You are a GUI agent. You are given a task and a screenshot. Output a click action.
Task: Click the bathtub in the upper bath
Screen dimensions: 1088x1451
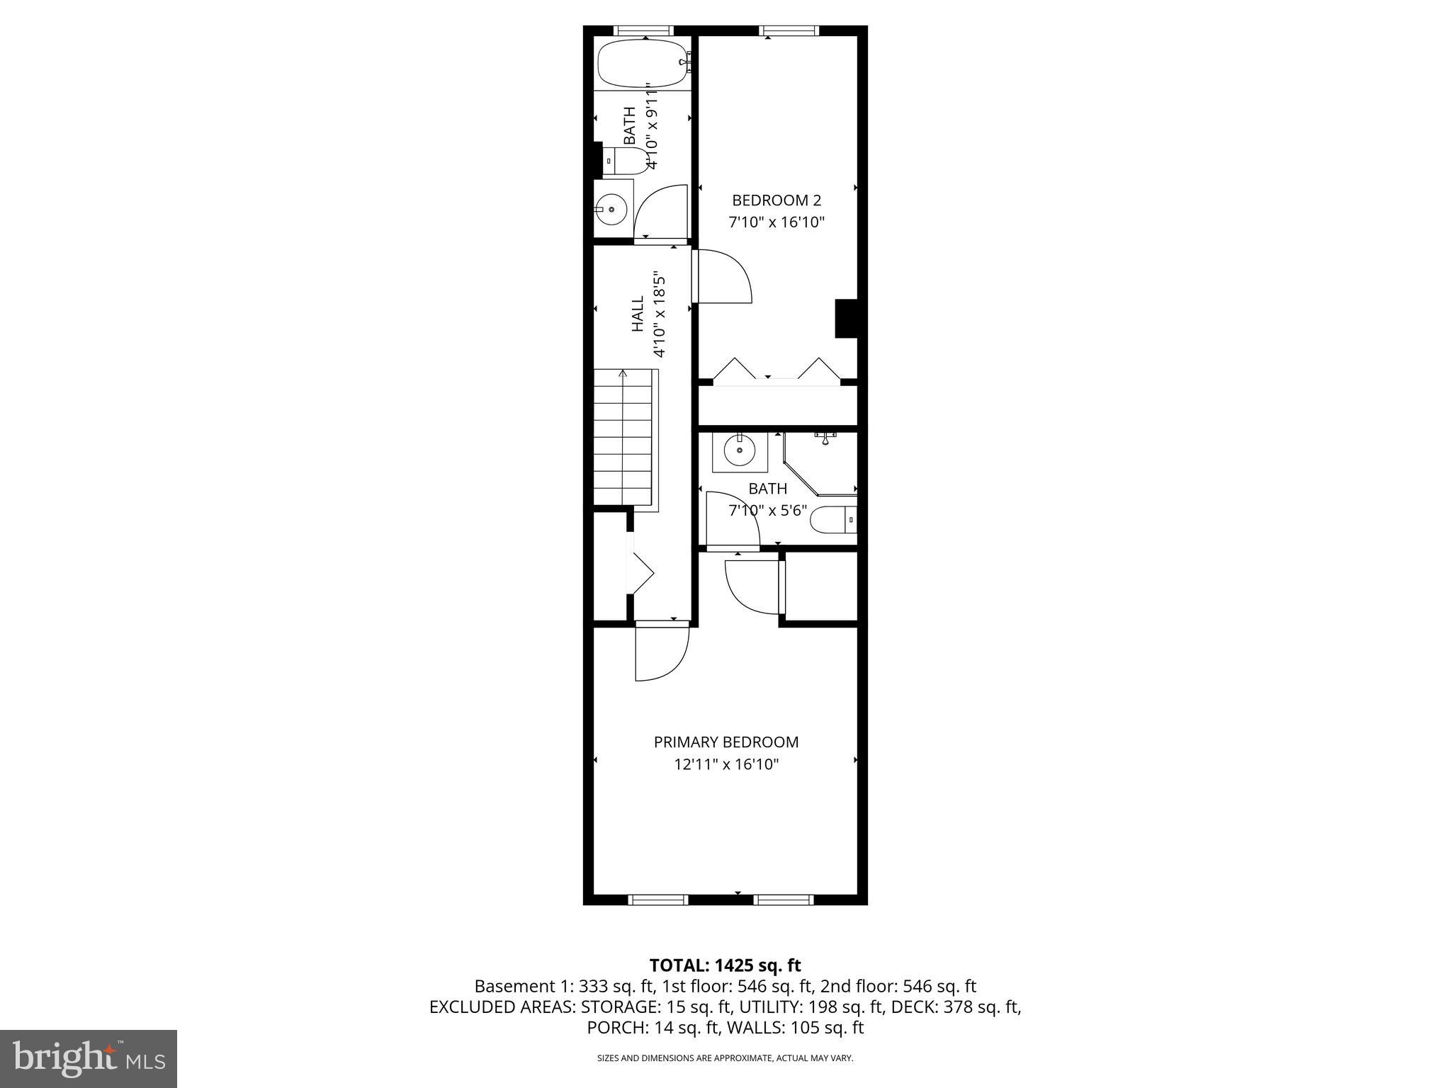[x=642, y=64]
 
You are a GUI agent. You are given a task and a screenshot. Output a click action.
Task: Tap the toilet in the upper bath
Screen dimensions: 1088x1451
[x=623, y=161]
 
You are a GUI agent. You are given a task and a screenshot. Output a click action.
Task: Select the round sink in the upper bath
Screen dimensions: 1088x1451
[x=611, y=209]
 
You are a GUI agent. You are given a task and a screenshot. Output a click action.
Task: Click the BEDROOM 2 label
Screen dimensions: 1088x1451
[x=777, y=200]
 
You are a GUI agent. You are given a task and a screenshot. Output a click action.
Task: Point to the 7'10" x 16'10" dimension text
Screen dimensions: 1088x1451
[x=777, y=222]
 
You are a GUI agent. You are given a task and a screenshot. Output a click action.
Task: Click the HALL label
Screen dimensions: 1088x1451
[x=638, y=314]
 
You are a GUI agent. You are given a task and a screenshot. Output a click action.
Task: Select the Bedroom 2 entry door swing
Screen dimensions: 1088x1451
[x=723, y=276]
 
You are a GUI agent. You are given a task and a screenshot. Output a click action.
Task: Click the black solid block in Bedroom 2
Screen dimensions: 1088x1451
[x=846, y=319]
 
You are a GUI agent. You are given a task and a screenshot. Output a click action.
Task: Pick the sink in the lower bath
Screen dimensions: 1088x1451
[x=740, y=450]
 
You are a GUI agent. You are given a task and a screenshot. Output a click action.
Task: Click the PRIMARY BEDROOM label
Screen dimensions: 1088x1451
[x=725, y=742]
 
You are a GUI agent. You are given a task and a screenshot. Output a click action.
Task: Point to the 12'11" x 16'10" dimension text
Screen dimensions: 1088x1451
[x=725, y=764]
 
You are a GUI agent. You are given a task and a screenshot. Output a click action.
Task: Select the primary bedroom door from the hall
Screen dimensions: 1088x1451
[x=662, y=652]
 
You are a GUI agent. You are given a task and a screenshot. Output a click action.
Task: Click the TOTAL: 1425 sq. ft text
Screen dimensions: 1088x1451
[x=725, y=965]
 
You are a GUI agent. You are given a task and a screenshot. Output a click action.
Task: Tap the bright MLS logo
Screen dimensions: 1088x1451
[x=89, y=1058]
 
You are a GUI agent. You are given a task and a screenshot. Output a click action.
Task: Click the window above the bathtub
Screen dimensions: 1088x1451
[x=642, y=30]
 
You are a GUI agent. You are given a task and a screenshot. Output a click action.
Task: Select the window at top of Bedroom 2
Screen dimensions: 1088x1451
[x=789, y=30]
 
